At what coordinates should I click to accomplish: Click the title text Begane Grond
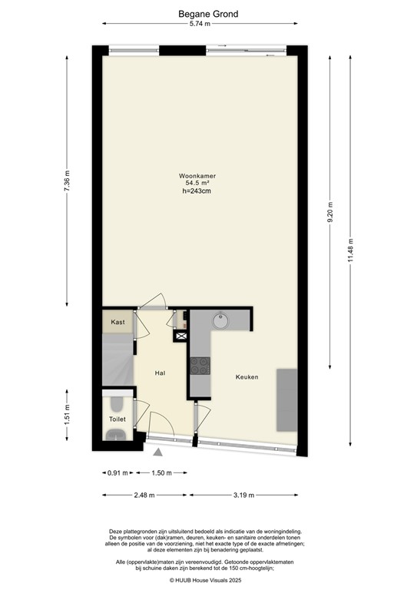tap(208, 14)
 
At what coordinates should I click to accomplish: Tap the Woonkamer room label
tap(197, 176)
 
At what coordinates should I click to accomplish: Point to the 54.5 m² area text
tap(197, 184)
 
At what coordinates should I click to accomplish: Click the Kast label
tap(117, 322)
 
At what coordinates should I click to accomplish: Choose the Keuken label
tap(247, 376)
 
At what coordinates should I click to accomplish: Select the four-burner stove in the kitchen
tap(201, 366)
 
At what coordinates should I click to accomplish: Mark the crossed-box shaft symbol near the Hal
tap(181, 336)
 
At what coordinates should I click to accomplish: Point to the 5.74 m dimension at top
tap(208, 25)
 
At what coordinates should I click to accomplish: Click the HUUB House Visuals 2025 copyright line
tap(207, 581)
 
